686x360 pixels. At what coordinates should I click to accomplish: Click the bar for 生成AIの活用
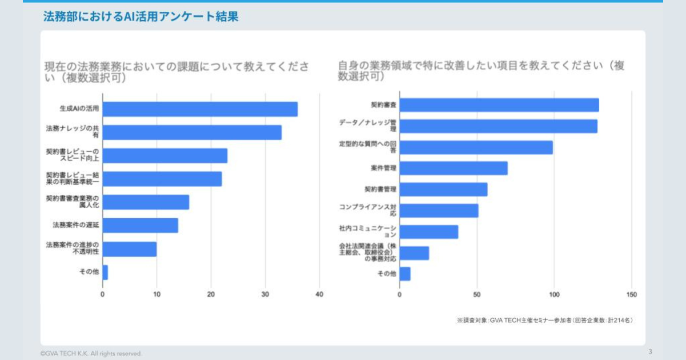point(200,109)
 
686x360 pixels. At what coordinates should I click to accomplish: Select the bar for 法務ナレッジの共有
point(192,133)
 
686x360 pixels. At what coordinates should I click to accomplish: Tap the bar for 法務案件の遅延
point(140,226)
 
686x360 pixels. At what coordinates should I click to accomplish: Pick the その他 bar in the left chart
point(105,273)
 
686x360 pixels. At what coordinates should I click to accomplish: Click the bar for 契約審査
point(499,105)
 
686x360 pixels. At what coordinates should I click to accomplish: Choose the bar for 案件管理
point(453,169)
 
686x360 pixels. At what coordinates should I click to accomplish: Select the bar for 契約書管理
point(444,189)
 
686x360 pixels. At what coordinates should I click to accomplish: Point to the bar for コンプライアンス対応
point(439,210)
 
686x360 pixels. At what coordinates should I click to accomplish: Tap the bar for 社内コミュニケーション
point(429,231)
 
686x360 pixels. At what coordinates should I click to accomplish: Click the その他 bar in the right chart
point(405,274)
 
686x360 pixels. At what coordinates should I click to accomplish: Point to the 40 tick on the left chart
point(319,295)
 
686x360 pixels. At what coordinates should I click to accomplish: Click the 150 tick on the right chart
point(631,295)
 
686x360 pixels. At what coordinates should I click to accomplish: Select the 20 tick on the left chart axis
point(211,295)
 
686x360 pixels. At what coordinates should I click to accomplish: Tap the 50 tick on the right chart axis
point(477,295)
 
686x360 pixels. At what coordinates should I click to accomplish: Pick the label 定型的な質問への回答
point(368,147)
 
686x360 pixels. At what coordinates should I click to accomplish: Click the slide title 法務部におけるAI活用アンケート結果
point(141,17)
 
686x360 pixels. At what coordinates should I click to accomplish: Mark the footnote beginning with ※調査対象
point(545,321)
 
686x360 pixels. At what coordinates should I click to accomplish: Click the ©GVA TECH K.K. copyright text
point(91,354)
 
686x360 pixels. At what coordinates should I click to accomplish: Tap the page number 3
point(650,351)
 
